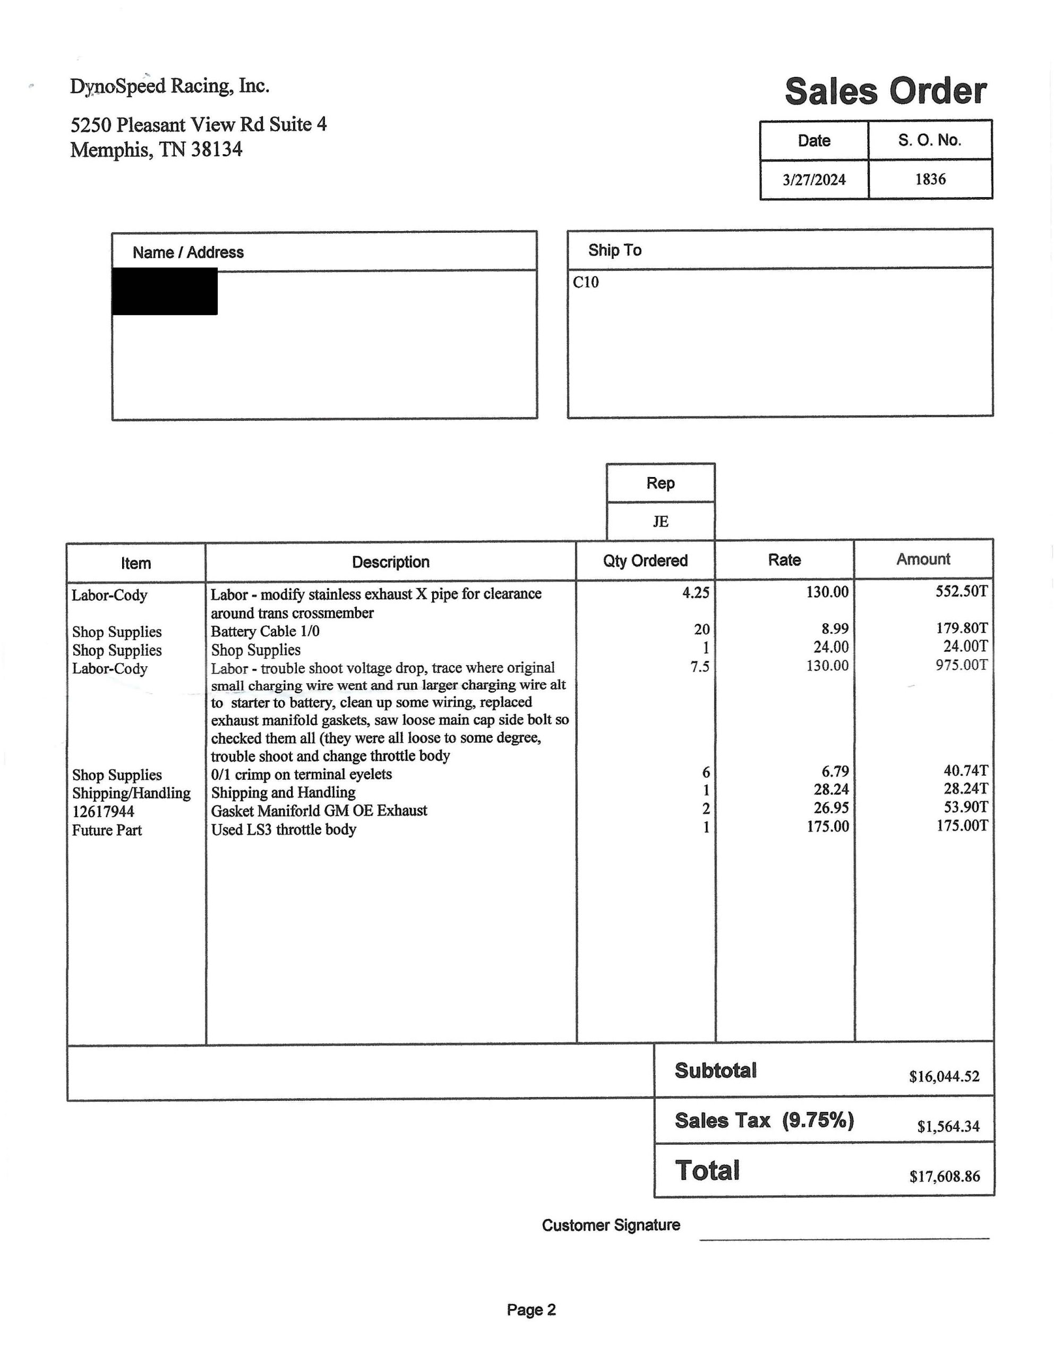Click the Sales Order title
click(x=885, y=91)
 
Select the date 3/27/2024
click(x=813, y=180)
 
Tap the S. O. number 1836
click(x=930, y=180)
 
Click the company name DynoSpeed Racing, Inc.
click(x=169, y=86)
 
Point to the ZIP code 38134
click(x=216, y=149)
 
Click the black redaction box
click(x=165, y=292)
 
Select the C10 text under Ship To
click(x=585, y=282)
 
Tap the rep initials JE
click(x=661, y=521)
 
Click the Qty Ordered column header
click(x=645, y=560)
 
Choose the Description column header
click(x=390, y=562)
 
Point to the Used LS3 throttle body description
click(x=283, y=829)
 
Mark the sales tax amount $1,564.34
click(x=948, y=1126)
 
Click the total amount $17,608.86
click(x=944, y=1176)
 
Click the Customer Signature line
click(x=844, y=1238)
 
